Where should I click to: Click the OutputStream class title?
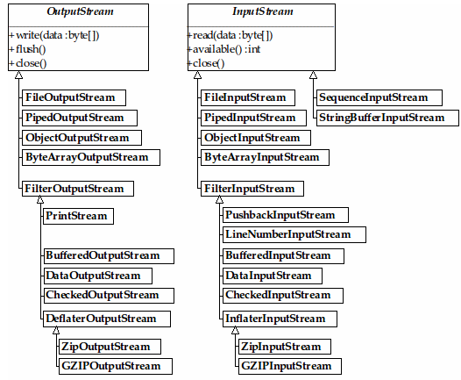tap(80, 11)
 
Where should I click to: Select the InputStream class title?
tap(263, 11)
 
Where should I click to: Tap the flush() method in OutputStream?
tap(27, 49)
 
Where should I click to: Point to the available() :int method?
tap(224, 49)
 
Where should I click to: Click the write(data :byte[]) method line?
tap(54, 35)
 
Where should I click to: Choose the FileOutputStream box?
tap(74, 97)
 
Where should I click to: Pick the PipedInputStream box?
tap(253, 118)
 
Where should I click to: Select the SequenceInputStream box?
tap(379, 97)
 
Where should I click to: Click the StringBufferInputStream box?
tap(387, 118)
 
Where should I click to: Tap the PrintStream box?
tap(78, 217)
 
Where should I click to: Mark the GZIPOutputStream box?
tap(116, 366)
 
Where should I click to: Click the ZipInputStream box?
tap(285, 347)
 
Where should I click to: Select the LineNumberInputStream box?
tap(294, 234)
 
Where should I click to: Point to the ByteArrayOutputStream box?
tap(91, 157)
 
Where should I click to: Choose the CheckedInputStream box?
tap(283, 295)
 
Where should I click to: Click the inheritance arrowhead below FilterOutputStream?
tap(40, 199)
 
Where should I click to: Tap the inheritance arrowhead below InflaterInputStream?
tap(235, 330)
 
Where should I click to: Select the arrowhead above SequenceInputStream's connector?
tap(314, 75)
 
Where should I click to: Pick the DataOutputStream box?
tap(97, 276)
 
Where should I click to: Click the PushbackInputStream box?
tap(286, 215)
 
